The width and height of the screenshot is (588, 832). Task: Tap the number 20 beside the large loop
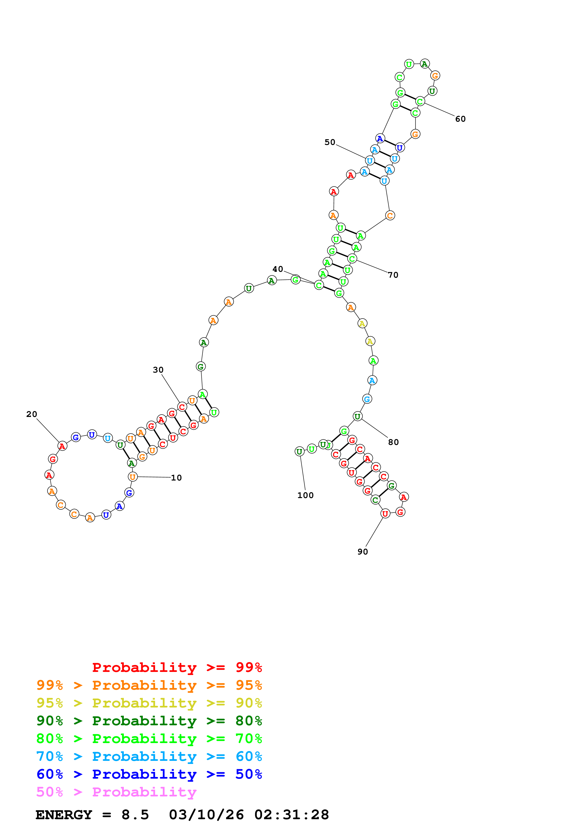coord(32,414)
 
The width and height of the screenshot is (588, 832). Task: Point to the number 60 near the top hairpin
coord(460,119)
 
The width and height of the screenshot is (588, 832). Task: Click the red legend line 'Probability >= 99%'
coord(177,667)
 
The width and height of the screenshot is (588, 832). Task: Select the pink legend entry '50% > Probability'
coord(116,792)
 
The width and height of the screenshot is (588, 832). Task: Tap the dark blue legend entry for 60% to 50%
coord(149,774)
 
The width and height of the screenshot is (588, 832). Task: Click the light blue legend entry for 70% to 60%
coord(149,756)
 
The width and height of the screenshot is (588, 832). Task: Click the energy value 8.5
coord(135,815)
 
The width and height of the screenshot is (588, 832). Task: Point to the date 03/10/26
coord(206,815)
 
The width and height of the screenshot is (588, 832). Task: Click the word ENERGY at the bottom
coord(64,815)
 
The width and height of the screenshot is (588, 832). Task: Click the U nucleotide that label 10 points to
coord(133,477)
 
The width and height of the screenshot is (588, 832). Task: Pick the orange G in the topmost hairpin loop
coord(435,75)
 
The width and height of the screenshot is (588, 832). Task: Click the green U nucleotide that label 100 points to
coord(299,452)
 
